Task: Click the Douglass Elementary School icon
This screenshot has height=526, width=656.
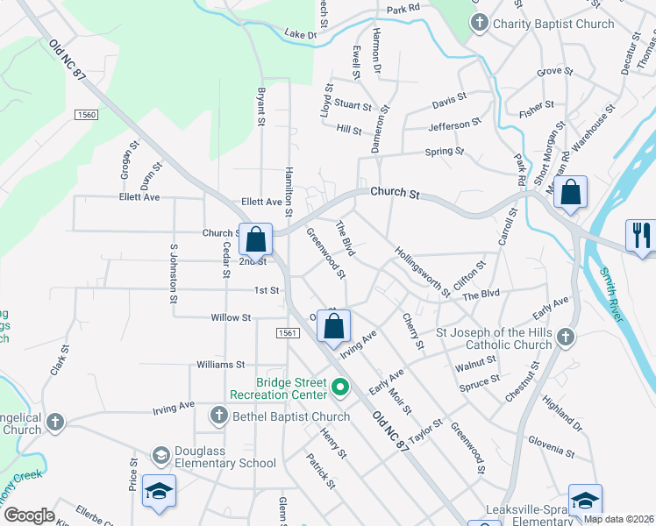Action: (160, 455)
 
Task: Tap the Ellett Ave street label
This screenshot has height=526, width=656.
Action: (140, 197)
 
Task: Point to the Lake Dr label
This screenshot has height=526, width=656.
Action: (299, 34)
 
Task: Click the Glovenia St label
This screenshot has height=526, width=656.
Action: (551, 449)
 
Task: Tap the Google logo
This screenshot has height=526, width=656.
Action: (30, 515)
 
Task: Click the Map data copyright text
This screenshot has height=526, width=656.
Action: (618, 519)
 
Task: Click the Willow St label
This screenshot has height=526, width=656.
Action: (231, 317)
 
